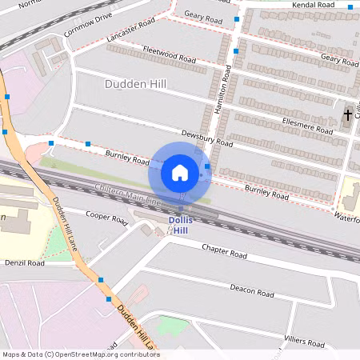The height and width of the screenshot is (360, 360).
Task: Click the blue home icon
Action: (x=180, y=172)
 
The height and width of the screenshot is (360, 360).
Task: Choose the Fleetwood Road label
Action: (x=169, y=54)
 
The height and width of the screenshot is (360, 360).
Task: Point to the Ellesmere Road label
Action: (x=308, y=124)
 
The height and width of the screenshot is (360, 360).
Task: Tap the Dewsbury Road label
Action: (x=206, y=138)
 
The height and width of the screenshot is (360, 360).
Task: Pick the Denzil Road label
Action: (x=25, y=262)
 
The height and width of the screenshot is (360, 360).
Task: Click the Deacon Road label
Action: (x=253, y=289)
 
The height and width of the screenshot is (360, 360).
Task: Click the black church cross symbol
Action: (x=347, y=114)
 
